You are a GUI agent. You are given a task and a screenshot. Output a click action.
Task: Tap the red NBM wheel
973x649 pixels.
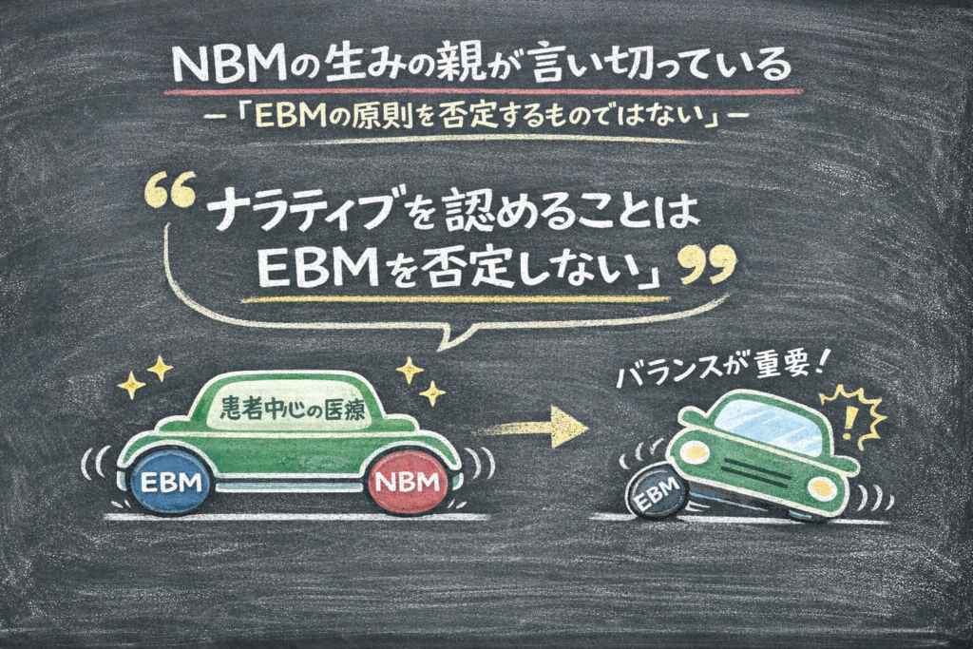[x=408, y=482]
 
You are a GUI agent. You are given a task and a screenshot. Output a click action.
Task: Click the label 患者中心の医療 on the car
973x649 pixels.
[x=293, y=409]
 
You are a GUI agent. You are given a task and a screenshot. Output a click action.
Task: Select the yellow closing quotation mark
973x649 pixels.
[x=709, y=264]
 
